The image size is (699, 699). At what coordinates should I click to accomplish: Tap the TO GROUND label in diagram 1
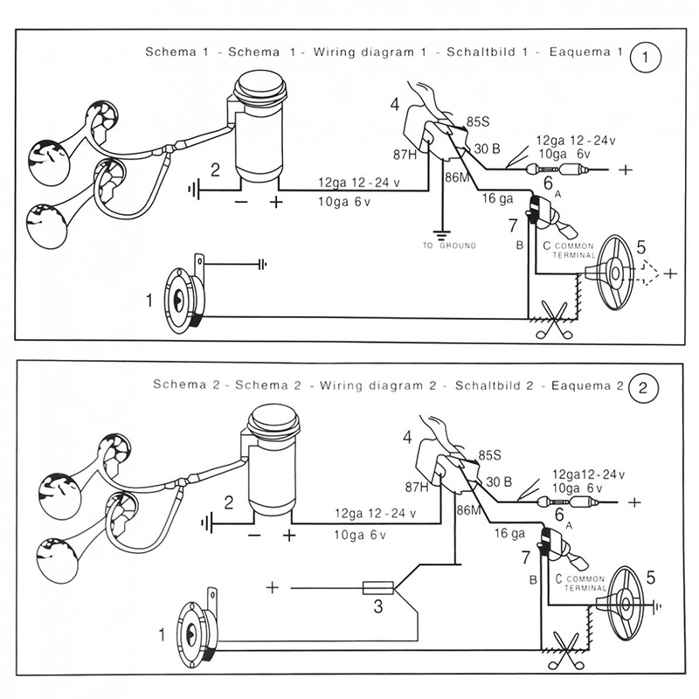click(x=450, y=246)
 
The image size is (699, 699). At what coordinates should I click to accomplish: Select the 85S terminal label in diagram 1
click(x=479, y=121)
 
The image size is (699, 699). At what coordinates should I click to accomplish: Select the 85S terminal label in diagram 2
click(x=489, y=455)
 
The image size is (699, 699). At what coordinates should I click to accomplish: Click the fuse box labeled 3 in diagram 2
click(x=377, y=588)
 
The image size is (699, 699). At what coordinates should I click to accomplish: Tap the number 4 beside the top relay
click(x=394, y=105)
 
